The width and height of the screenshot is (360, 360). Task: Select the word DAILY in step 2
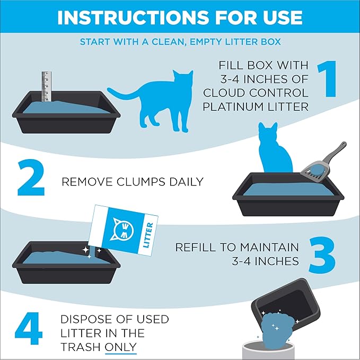tap(186, 182)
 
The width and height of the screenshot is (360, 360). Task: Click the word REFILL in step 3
tap(197, 247)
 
